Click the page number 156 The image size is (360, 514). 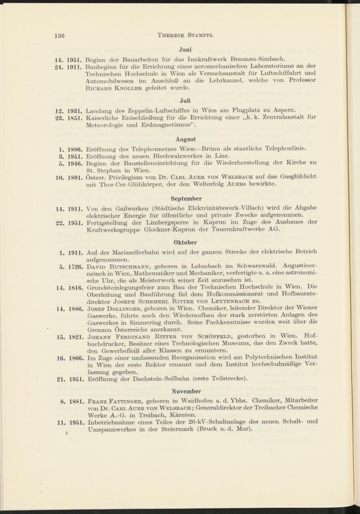coord(59,35)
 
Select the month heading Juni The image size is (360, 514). coord(185,50)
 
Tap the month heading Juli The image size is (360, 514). coord(185,100)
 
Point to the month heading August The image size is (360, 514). coord(185,139)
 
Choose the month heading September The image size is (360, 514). coord(186,198)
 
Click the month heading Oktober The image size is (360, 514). coord(185,242)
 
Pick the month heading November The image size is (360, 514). coord(186,391)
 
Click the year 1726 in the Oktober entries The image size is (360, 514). coord(76,267)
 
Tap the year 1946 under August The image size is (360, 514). coord(76,163)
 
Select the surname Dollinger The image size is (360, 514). coord(121,309)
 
